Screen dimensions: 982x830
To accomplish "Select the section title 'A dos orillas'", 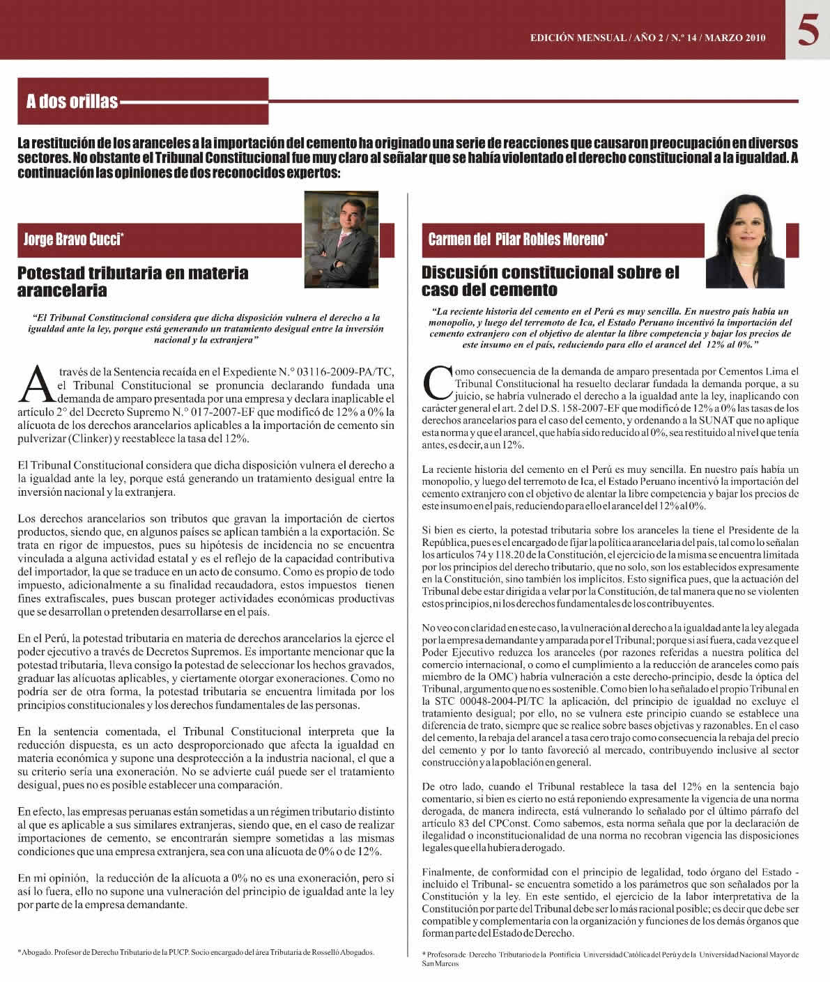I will click(72, 102).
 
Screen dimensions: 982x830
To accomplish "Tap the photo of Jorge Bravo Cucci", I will click(341, 240).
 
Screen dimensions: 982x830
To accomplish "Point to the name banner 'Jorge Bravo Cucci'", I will click(74, 240).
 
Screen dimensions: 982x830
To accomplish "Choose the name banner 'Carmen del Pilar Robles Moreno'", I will click(518, 240).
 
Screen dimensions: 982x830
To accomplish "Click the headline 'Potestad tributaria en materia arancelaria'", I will click(132, 281).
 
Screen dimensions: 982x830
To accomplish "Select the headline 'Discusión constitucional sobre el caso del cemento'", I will click(550, 281).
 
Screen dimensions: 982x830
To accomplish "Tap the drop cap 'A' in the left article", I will click(36, 384).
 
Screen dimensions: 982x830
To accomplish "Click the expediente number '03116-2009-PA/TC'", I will click(341, 371).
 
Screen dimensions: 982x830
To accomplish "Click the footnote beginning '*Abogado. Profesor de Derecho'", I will click(196, 951).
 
